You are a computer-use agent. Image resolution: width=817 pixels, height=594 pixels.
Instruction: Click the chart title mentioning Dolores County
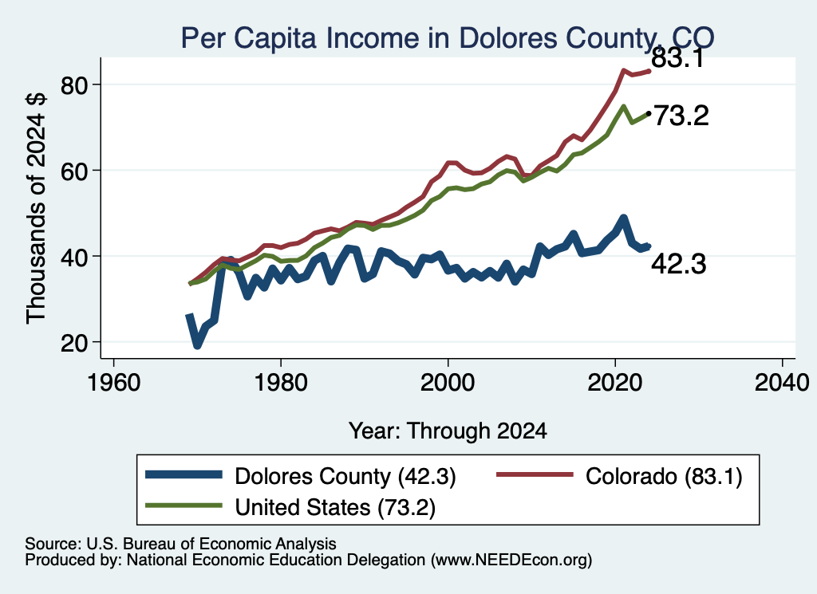448,37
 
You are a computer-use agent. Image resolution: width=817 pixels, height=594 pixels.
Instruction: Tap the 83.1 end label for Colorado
678,57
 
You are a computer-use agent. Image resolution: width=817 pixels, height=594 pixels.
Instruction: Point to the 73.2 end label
681,116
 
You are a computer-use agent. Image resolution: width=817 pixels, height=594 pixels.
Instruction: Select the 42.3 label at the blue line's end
679,264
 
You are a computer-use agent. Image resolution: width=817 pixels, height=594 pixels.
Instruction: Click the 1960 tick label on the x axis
113,383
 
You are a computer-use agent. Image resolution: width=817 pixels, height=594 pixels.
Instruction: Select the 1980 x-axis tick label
281,383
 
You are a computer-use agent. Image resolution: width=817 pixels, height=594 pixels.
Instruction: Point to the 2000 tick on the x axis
448,383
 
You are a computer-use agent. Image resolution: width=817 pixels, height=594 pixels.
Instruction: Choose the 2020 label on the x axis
615,383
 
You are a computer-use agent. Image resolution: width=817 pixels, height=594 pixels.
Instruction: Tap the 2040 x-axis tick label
782,383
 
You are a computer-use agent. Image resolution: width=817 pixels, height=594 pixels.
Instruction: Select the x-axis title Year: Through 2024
448,431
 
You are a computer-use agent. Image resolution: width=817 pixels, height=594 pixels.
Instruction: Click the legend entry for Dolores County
301,476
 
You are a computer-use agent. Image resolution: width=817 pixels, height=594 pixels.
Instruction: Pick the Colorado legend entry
619,476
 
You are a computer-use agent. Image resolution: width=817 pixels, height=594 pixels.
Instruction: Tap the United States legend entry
290,506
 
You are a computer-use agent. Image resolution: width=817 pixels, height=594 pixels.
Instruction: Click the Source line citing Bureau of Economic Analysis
180,544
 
